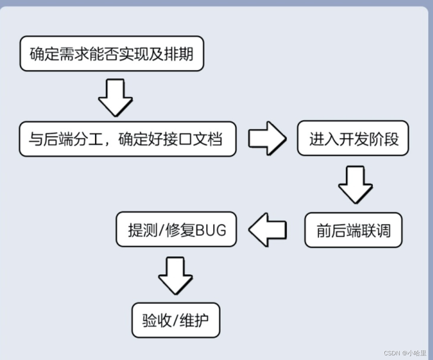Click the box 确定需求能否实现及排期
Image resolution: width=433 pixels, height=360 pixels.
tap(112, 54)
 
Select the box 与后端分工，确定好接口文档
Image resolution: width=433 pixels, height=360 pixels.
tap(127, 139)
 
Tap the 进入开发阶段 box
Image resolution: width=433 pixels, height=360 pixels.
tap(353, 138)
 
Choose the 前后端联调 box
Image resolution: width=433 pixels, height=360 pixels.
tap(353, 230)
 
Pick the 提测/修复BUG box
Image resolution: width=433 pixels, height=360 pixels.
tap(176, 229)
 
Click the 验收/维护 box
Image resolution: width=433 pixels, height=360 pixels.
tap(176, 320)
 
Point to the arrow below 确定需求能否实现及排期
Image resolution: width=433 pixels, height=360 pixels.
tap(115, 97)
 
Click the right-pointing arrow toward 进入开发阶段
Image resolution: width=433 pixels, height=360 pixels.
tap(267, 138)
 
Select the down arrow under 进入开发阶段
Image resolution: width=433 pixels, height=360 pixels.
tap(355, 184)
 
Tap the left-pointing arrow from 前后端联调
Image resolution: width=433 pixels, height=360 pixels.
tap(268, 230)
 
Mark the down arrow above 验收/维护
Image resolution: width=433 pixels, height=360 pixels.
tap(175, 276)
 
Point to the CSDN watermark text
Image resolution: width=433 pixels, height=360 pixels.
tap(392, 353)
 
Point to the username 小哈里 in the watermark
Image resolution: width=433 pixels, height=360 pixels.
tap(416, 353)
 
